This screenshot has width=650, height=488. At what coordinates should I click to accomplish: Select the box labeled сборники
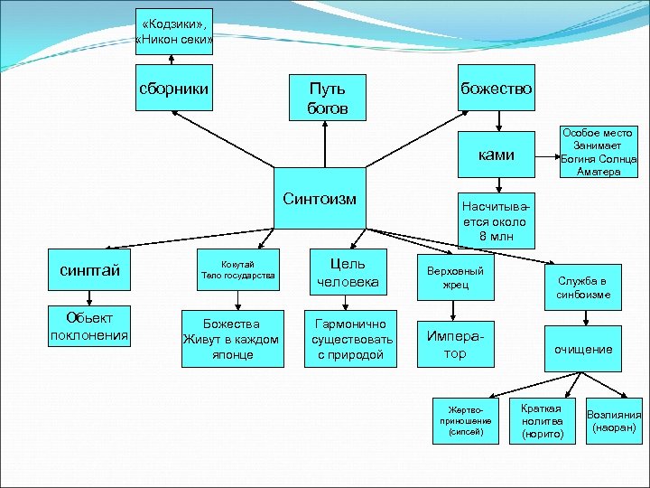coord(173,89)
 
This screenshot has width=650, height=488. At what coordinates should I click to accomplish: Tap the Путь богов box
coord(327,98)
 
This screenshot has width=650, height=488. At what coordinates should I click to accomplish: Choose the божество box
coord(497,89)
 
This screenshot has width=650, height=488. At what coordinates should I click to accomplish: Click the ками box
coord(497,155)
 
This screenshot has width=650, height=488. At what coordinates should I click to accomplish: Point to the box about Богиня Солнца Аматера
coord(599,152)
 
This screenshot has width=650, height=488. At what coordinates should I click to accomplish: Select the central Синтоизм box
coord(320,198)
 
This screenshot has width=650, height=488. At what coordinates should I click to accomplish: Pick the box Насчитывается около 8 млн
coord(497,219)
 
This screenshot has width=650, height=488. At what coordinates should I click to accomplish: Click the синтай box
coord(89,270)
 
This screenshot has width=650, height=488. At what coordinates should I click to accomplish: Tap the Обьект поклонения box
coord(89,326)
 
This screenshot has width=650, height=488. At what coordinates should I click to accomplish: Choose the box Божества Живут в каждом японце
coord(232,339)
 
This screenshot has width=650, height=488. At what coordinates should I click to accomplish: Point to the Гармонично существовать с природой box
coord(348,339)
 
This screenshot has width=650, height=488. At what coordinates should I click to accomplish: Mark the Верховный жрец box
coord(456,277)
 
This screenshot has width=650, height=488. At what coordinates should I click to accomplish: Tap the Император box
coord(456,343)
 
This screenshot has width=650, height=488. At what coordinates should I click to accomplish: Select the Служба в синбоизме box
coord(582,287)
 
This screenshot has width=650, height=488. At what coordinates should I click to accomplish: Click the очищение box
coord(582,349)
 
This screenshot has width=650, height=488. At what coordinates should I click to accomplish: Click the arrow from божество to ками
coord(497,123)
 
